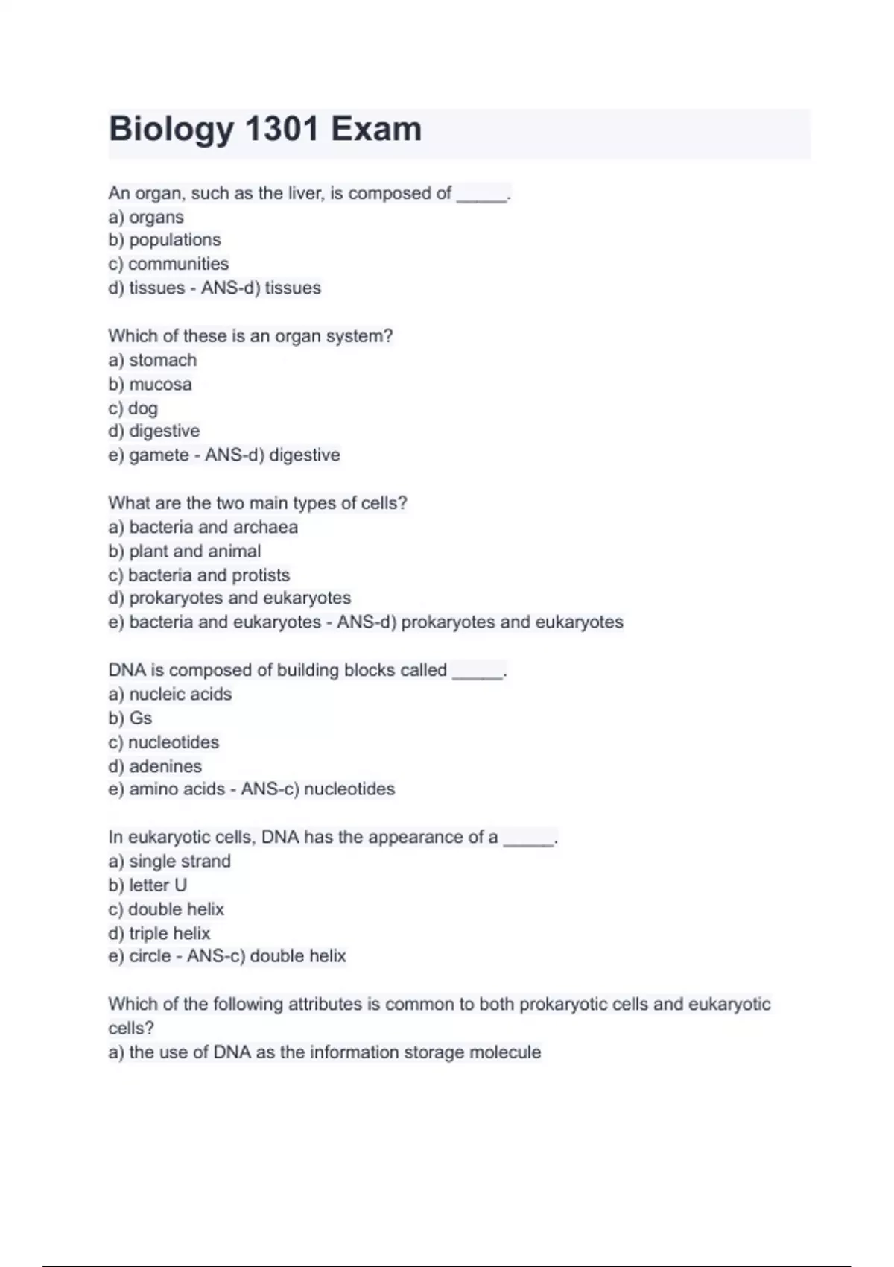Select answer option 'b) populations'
165,240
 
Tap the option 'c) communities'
168,264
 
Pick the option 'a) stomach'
153,360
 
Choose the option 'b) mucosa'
150,384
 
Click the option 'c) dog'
133,408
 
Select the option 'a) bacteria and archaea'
203,527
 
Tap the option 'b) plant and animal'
185,551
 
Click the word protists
261,575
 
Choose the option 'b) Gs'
130,718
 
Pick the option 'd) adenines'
155,766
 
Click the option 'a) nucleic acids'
170,694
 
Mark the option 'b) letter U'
148,885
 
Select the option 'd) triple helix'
159,933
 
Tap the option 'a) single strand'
170,861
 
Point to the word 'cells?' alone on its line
131,1028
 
